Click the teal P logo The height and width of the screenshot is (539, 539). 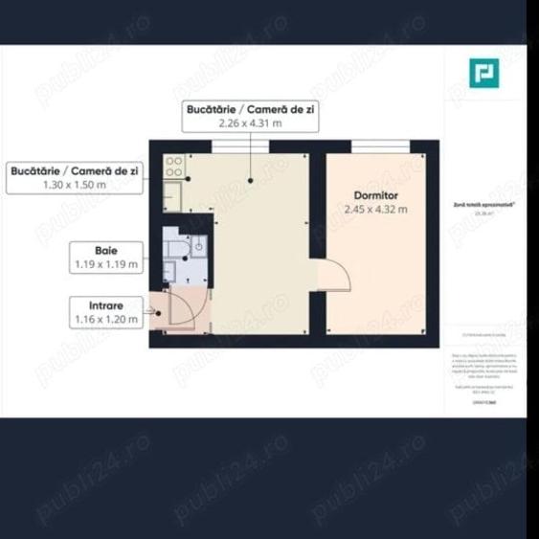(x=482, y=73)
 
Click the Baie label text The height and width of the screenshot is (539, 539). (x=106, y=248)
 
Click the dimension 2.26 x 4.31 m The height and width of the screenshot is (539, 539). (x=251, y=122)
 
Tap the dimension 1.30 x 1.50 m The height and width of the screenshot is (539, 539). (x=74, y=183)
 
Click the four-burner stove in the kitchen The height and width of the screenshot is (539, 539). (x=174, y=167)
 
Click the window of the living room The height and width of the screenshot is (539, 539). (x=238, y=145)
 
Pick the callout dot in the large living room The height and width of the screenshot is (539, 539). (x=251, y=180)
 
